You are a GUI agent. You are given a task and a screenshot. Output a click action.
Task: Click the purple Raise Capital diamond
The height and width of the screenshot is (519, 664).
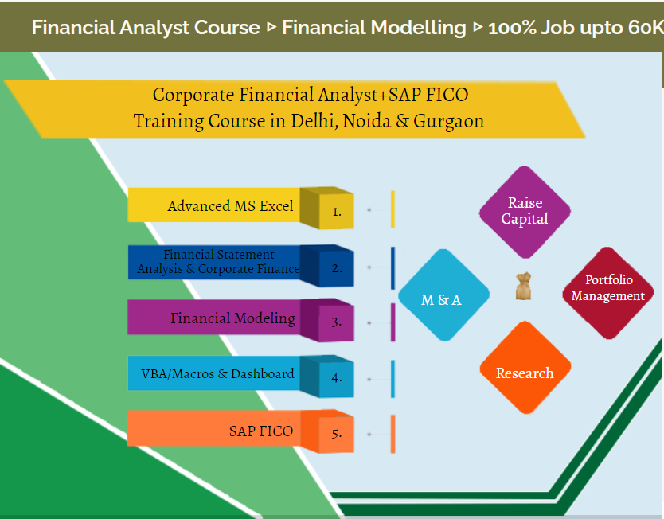pos(525,212)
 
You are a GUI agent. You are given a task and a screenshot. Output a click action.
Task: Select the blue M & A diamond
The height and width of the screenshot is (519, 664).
pos(443,300)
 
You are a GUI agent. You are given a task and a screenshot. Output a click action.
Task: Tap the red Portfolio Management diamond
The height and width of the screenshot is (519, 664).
pos(608,288)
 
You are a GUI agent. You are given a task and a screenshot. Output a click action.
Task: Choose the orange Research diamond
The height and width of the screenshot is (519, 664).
pos(525,373)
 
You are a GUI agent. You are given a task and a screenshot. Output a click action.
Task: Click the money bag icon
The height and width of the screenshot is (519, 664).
pos(523,287)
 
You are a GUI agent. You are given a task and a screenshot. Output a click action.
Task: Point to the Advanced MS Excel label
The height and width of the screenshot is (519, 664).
pos(230,206)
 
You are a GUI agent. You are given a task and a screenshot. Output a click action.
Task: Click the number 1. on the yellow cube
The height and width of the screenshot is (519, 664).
pos(337,212)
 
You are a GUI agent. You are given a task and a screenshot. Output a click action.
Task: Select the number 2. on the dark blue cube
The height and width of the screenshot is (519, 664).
pos(337,267)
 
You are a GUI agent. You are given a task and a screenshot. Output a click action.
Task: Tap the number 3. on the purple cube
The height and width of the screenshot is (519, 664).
pos(337,322)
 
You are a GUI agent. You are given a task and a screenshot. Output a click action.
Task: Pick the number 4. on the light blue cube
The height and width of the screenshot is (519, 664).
pos(337,378)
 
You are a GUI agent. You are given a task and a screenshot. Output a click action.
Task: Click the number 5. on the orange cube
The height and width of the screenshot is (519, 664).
pos(337,434)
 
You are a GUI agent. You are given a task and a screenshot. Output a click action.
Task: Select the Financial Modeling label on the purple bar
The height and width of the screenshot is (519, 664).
pos(232,318)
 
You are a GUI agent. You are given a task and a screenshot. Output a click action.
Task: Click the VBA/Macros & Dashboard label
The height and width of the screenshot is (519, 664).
pos(217,373)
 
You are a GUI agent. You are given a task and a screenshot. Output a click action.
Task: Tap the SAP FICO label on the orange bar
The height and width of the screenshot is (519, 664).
pos(261,431)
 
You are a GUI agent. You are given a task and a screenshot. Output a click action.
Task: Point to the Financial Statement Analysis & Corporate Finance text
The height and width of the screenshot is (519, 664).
pos(218,262)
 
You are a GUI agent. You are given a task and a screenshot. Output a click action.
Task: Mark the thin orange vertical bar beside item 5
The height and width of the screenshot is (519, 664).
pos(393,434)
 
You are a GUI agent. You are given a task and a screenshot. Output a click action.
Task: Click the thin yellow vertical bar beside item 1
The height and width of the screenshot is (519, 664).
pos(393,209)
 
